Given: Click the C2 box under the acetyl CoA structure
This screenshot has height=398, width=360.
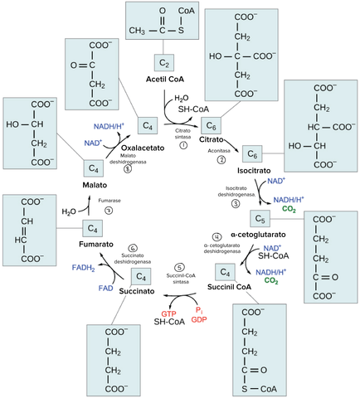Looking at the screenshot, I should point(164,62).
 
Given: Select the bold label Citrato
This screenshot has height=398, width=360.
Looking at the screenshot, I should point(214,143).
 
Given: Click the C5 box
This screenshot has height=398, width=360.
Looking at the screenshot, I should point(260,219).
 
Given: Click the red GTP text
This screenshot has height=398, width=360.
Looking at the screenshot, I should point(168,315).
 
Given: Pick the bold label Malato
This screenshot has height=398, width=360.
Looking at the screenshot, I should point(93,185).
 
